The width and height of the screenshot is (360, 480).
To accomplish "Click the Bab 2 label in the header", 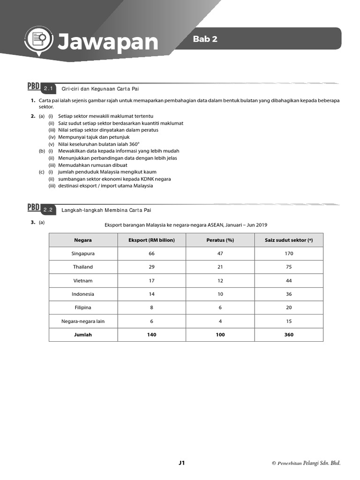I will click(x=205, y=39).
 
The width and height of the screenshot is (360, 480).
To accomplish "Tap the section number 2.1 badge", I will click(x=49, y=89).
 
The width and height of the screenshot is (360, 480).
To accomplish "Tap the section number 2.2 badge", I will click(x=49, y=210).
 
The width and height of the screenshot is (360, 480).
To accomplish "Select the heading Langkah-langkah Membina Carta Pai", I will click(x=106, y=210).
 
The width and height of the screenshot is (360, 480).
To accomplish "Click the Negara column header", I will click(x=83, y=240).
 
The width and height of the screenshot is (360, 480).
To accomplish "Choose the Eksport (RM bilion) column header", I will click(x=151, y=240).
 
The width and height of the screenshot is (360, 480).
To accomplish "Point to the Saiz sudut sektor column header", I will click(x=289, y=240).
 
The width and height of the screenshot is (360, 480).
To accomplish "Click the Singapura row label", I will click(x=83, y=254).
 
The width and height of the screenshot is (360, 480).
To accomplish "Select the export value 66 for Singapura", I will click(x=151, y=254).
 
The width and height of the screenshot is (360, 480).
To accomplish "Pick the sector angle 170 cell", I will click(x=289, y=254).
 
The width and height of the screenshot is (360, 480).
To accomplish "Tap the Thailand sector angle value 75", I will click(x=289, y=267).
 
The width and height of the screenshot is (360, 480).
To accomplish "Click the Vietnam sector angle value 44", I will click(x=289, y=281).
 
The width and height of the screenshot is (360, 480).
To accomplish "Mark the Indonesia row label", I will click(x=83, y=294).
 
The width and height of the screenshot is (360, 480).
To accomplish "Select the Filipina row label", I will click(x=83, y=308).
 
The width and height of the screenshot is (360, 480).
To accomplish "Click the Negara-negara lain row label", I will click(x=83, y=322).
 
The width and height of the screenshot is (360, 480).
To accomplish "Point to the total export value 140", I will click(x=151, y=335).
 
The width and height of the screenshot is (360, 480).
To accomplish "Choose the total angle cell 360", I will click(x=289, y=335).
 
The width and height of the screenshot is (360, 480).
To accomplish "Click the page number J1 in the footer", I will click(x=182, y=463).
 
